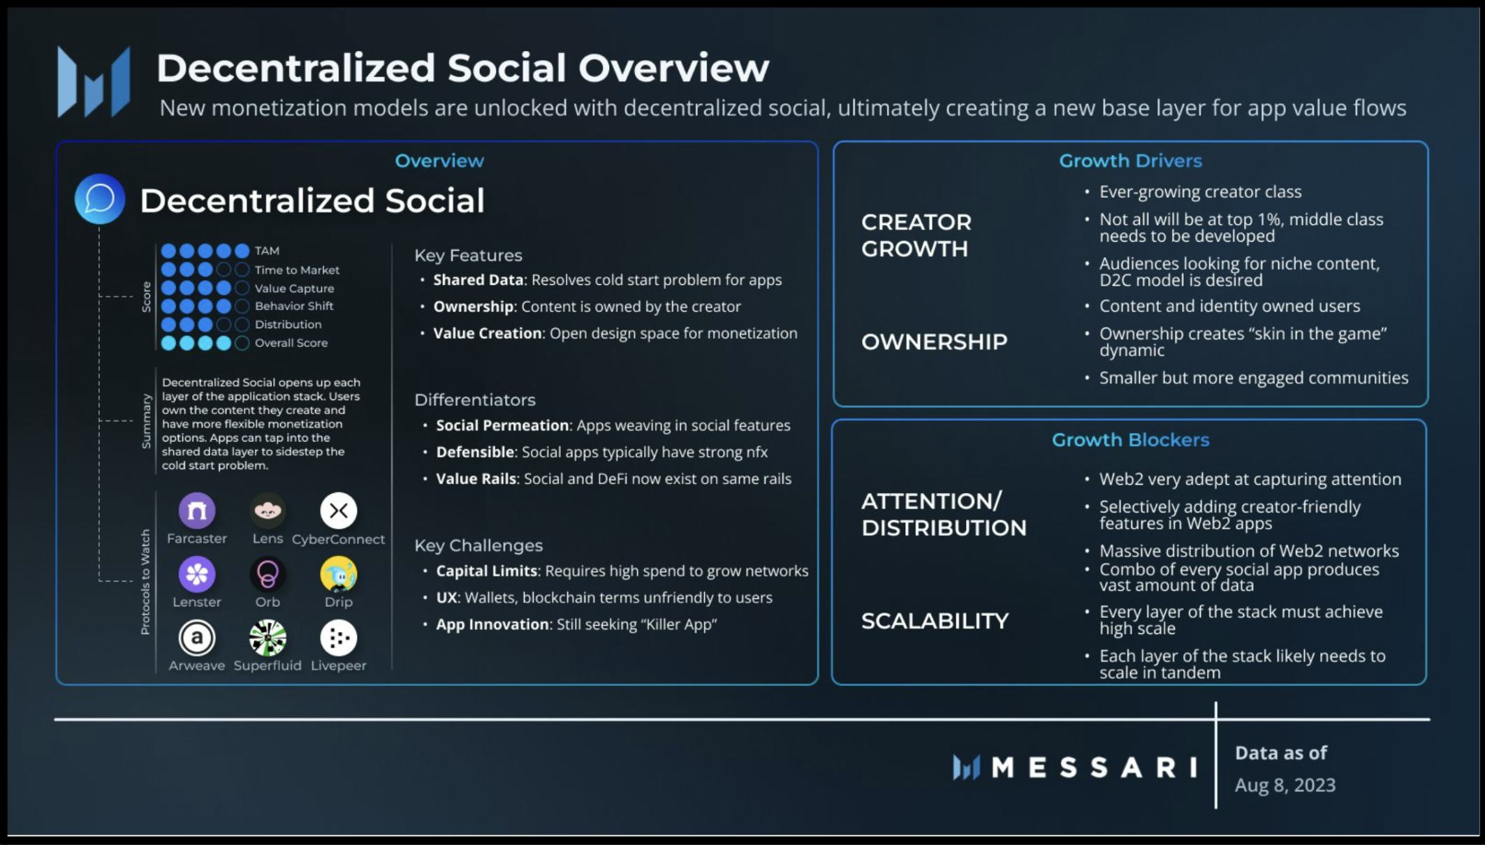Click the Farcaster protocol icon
[197, 510]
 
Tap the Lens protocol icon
[268, 510]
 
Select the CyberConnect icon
[339, 510]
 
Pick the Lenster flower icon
[197, 574]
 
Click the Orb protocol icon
[268, 574]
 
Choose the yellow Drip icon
[339, 574]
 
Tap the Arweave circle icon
[197, 638]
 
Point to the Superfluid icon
[268, 638]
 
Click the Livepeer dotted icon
[339, 638]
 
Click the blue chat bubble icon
[100, 199]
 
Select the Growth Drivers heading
[1130, 161]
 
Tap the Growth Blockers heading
[1130, 440]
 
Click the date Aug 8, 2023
[1285, 785]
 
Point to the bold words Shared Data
[478, 280]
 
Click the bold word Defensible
[475, 453]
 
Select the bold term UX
[446, 598]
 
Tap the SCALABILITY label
[935, 621]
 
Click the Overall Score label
[291, 343]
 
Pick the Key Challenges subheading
[478, 545]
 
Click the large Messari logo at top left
[94, 81]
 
